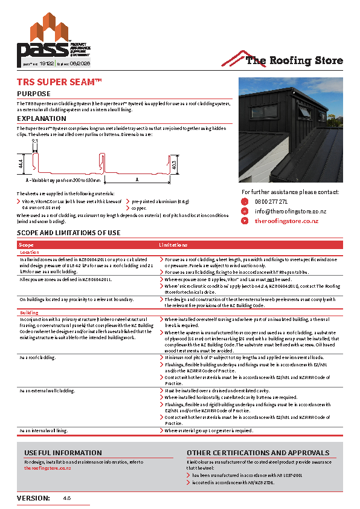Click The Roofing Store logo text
point(294,60)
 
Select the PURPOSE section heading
point(34,94)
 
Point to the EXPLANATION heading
point(42,119)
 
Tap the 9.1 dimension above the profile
point(34,141)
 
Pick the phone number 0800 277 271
point(271,202)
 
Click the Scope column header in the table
point(26,245)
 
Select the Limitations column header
point(173,245)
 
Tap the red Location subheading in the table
point(30,252)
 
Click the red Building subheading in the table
point(30,313)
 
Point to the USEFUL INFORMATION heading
point(63,453)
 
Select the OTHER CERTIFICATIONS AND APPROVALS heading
point(258,453)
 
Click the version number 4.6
point(67,498)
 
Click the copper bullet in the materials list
point(138,207)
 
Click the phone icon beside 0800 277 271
point(245,202)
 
